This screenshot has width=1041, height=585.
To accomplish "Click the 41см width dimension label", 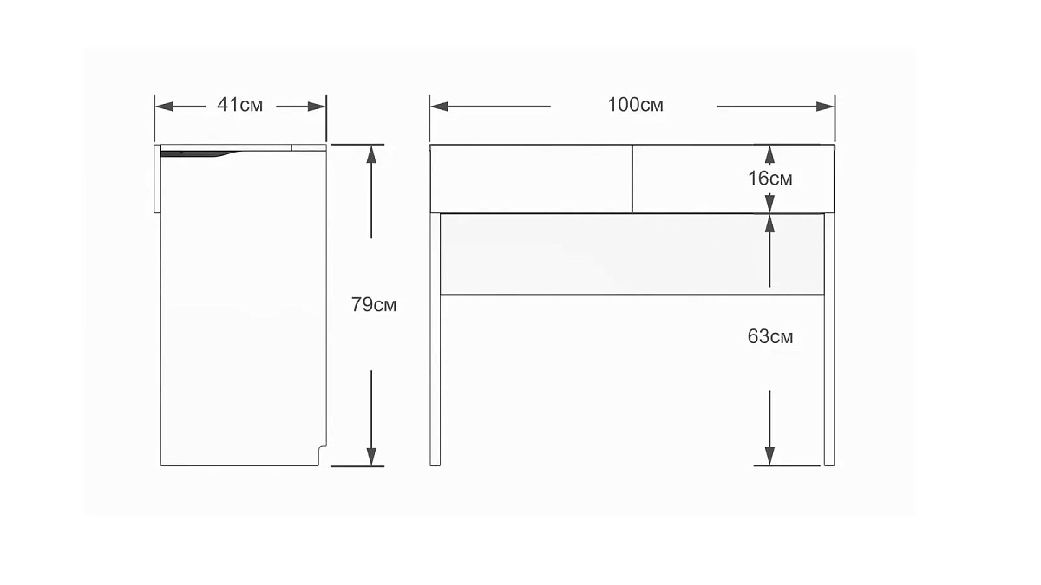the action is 239,105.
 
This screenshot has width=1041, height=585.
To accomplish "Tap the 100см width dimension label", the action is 635,105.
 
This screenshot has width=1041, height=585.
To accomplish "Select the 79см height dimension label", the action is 374,304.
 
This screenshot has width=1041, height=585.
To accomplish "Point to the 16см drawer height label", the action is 770,179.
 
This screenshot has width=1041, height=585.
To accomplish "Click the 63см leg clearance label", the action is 770,336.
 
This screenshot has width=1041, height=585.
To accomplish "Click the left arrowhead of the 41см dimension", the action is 164,107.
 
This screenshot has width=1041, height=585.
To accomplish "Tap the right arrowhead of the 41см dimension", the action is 317,107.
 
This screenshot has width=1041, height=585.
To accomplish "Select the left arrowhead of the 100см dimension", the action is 439,107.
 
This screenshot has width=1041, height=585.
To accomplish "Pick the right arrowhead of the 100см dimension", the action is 825,107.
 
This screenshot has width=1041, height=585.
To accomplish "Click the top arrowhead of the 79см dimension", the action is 371,153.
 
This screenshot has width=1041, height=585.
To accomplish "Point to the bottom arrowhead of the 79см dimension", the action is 371,457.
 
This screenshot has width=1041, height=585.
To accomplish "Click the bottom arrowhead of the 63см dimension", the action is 769,456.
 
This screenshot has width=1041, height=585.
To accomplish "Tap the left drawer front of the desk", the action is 531,179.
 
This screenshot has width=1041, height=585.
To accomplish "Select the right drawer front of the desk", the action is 733,179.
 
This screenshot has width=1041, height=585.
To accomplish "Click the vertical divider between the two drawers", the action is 632,179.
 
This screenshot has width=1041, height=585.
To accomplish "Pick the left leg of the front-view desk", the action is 435,340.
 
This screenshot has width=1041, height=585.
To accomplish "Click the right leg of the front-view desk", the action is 829,340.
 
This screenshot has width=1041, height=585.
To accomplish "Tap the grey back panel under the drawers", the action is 632,254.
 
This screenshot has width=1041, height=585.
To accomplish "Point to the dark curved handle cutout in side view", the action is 200,153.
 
